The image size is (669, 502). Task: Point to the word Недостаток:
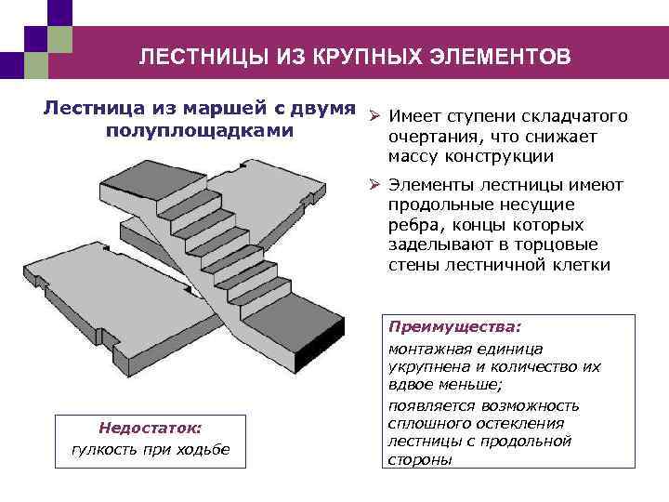tap(150, 429)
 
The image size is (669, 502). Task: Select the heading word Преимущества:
tap(454, 328)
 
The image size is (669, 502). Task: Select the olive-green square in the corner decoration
tap(59, 38)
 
